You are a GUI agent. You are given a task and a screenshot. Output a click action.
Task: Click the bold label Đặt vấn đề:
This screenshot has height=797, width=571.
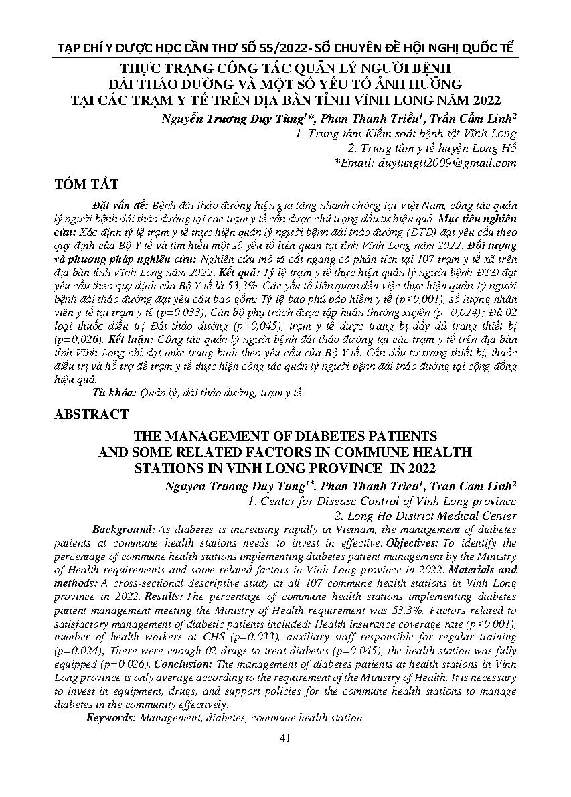[x=120, y=202]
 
